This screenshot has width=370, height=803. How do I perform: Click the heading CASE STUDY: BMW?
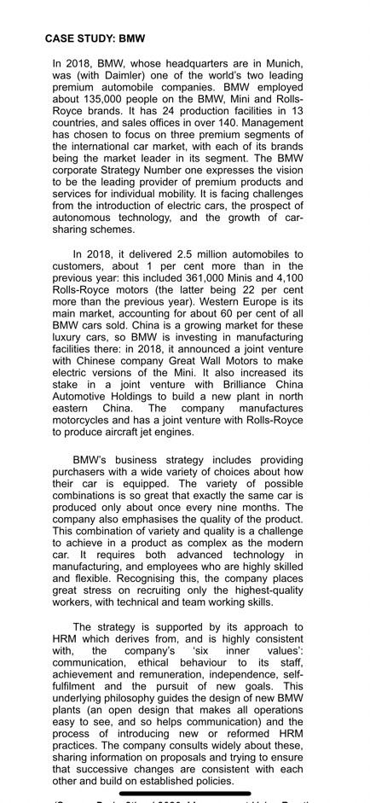point(95,38)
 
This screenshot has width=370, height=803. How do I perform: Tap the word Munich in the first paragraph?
point(284,63)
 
